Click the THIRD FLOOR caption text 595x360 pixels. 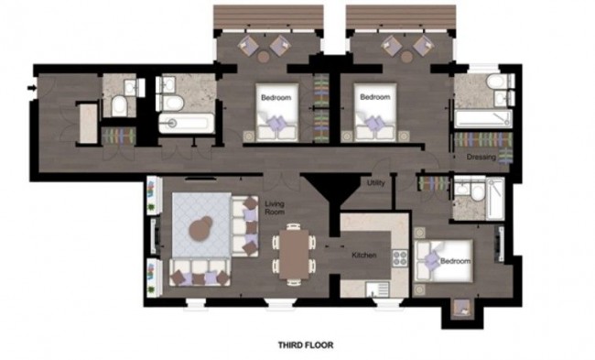[305, 346]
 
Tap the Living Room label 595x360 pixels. [275, 208]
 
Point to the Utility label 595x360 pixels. [375, 183]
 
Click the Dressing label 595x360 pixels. [481, 157]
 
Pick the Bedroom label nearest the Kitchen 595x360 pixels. [455, 262]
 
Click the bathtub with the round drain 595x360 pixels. [186, 123]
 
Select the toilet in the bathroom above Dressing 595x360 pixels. [494, 86]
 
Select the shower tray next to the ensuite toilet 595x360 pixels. [489, 200]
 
